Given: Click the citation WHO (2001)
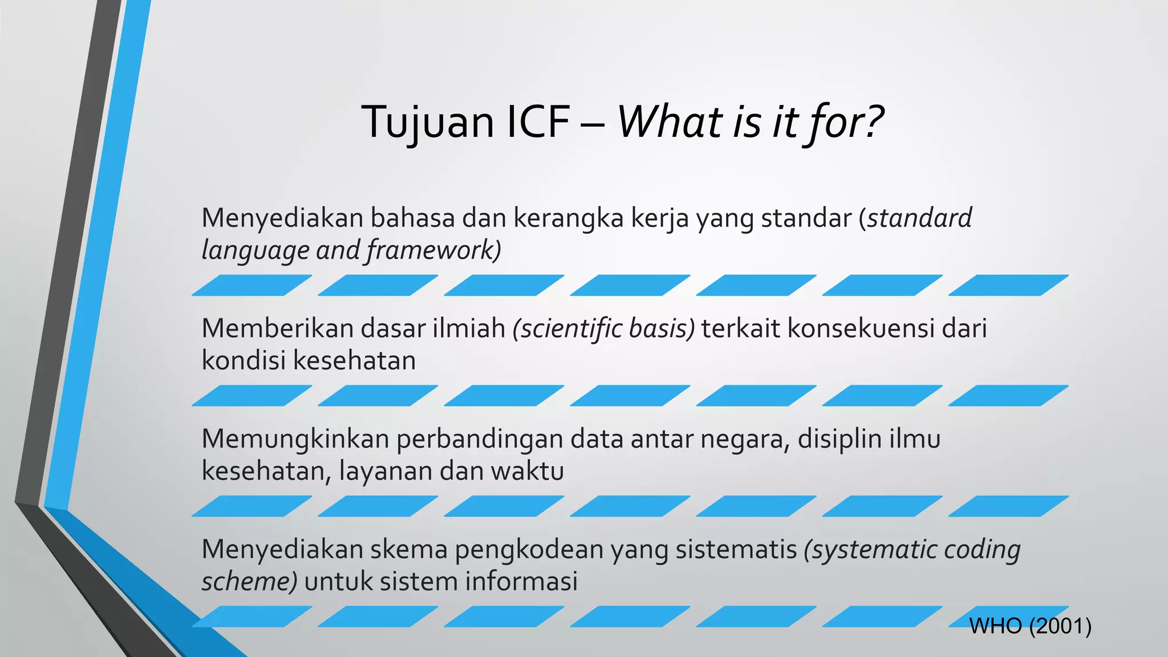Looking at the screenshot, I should click(1030, 626).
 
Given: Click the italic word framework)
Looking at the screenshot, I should click(433, 250).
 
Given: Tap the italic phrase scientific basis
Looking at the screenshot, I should click(604, 328).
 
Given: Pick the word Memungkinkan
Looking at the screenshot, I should click(295, 439).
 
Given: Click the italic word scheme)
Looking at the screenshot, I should click(249, 582).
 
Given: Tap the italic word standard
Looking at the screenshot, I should click(919, 218).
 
